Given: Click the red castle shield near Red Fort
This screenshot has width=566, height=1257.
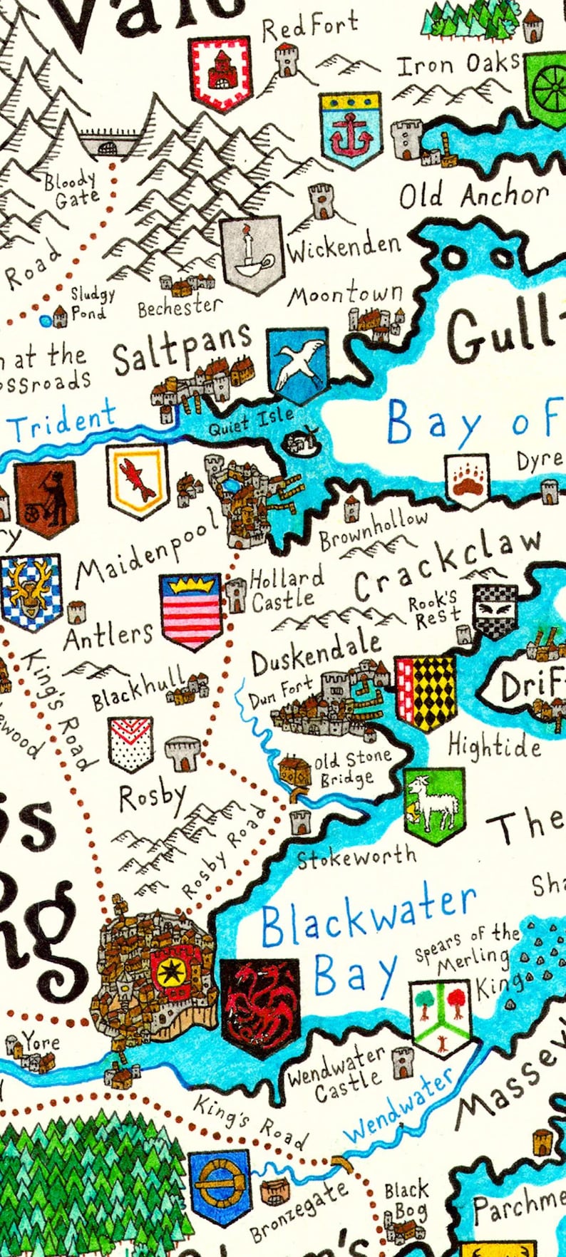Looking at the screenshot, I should coord(221,73).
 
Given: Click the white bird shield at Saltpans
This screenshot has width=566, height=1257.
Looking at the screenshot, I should coord(297,366).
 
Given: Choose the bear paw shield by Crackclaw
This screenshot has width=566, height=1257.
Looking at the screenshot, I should coord(468,480).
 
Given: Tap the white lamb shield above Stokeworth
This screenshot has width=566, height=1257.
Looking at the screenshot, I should coord(433,805).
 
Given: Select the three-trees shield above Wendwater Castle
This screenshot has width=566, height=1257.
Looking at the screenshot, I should coord(441,1017).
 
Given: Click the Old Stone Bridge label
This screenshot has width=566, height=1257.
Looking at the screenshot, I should coord(354,768).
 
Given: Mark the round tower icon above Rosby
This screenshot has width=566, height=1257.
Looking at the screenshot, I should coord(184,752).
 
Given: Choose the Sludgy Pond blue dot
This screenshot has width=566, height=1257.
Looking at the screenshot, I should coord(46,321).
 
